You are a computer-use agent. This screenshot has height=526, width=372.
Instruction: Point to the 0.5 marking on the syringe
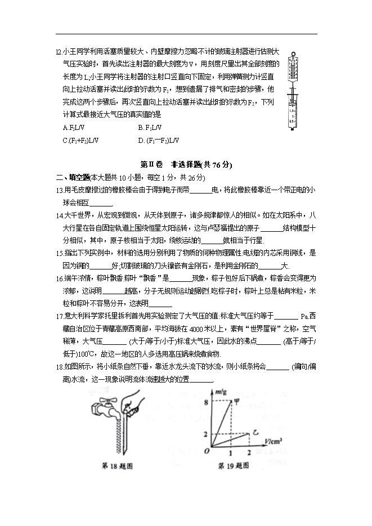click(290, 120)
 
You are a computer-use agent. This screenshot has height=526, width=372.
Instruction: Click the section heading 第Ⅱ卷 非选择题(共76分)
click(186, 165)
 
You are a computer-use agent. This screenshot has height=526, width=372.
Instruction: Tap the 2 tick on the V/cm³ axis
click(249, 452)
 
